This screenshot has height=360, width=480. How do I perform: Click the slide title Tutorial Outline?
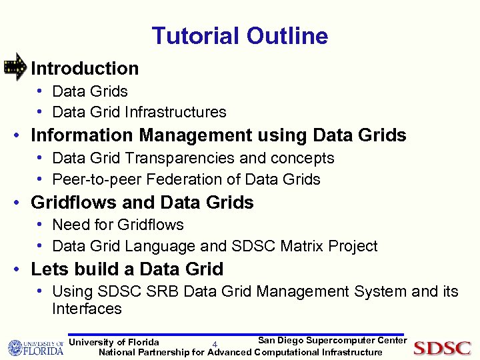[x=240, y=36]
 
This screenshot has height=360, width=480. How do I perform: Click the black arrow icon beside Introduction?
[x=15, y=67]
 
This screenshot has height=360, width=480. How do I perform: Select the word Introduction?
[x=85, y=68]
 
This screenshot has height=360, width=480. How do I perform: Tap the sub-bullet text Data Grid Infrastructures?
[x=139, y=112]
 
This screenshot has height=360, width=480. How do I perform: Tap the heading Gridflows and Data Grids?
[x=142, y=202]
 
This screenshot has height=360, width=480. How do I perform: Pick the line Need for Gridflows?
[x=117, y=225]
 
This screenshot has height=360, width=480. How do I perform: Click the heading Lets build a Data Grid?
[x=127, y=269]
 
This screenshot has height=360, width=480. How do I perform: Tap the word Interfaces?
[x=87, y=309]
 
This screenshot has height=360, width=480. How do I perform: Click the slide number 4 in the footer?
[x=215, y=345]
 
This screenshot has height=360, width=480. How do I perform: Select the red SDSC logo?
[x=442, y=348]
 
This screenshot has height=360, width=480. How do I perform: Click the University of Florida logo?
[x=35, y=348]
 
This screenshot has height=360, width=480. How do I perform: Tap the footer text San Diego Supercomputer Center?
[x=332, y=341]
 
